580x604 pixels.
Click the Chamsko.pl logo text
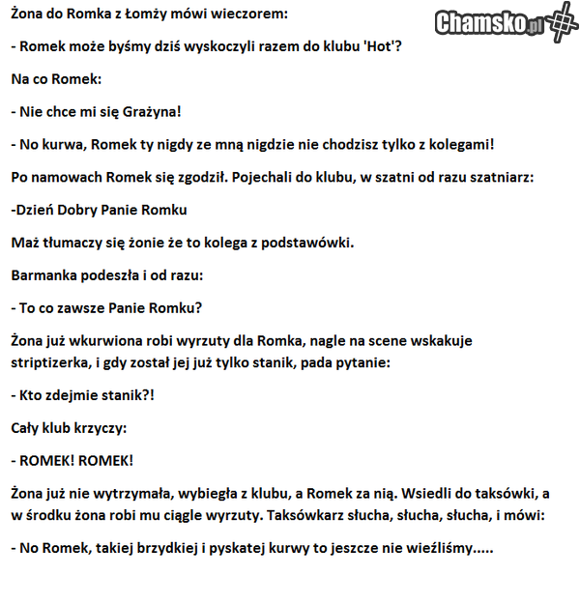pyautogui.click(x=489, y=23)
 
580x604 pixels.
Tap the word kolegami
pyautogui.click(x=457, y=144)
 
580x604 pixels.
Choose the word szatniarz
pyautogui.click(x=519, y=178)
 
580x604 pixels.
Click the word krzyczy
pyautogui.click(x=99, y=428)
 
